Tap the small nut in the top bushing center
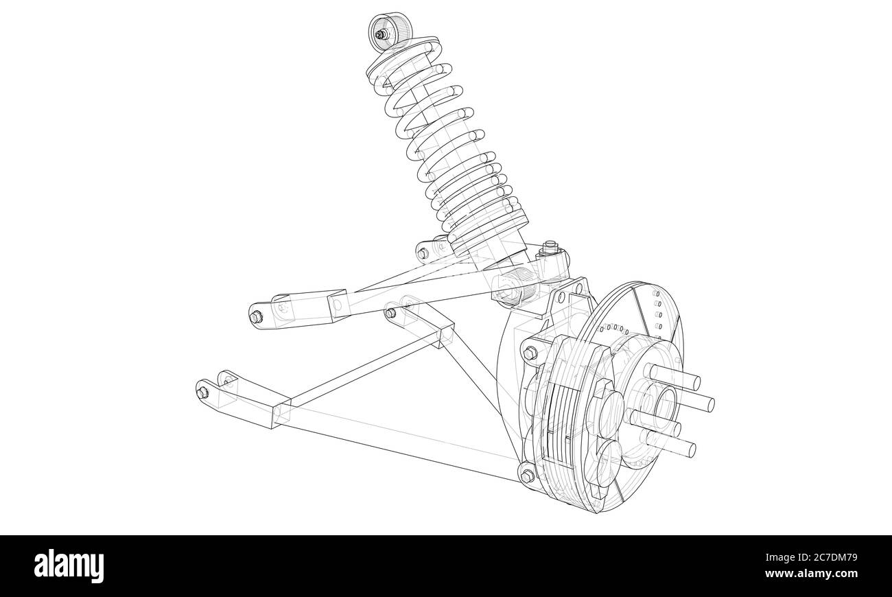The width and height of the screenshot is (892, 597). pyautogui.click(x=379, y=34)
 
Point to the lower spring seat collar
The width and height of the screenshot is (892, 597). pyautogui.click(x=488, y=227)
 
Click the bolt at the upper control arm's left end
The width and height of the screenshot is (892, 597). pyautogui.click(x=256, y=316)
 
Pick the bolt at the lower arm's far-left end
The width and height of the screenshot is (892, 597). pyautogui.click(x=202, y=393)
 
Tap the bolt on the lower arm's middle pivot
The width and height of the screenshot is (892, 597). pyautogui.click(x=390, y=314)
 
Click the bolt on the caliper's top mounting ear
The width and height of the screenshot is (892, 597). pyautogui.click(x=530, y=353)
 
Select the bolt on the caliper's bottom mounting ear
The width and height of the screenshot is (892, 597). pyautogui.click(x=527, y=476)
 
